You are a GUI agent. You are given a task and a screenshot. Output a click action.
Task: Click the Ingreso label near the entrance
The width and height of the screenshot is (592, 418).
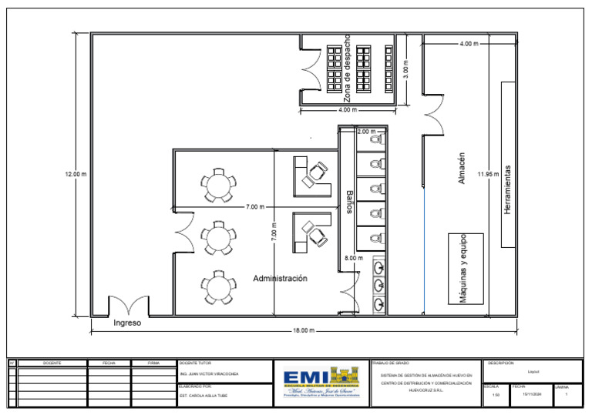(127, 323)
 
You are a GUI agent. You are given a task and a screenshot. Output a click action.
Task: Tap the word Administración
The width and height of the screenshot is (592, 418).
(281, 278)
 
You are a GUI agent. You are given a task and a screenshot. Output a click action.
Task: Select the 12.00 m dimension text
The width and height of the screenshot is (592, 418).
(76, 176)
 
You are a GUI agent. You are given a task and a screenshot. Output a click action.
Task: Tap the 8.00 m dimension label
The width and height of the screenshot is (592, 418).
(354, 258)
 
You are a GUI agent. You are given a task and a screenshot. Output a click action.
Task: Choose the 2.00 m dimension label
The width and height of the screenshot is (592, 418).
(368, 132)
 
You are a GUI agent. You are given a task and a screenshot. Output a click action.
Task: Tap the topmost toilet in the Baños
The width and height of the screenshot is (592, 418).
(375, 141)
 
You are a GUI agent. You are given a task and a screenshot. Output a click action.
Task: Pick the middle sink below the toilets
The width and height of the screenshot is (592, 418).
(378, 285)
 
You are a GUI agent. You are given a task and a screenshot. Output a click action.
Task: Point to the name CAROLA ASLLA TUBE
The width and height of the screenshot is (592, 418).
(203, 396)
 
